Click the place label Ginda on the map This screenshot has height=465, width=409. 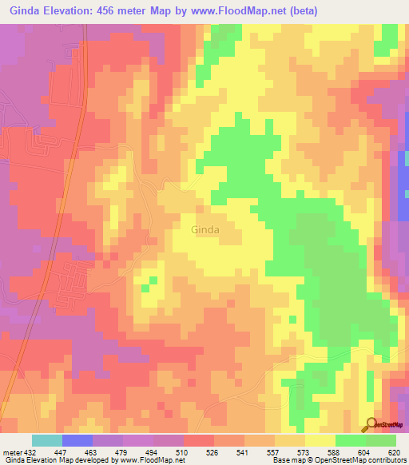205,229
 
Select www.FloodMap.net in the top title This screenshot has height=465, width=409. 264,11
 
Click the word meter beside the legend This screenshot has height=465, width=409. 11,451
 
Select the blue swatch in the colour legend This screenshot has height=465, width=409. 77,440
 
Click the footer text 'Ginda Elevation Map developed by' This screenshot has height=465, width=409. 58,460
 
